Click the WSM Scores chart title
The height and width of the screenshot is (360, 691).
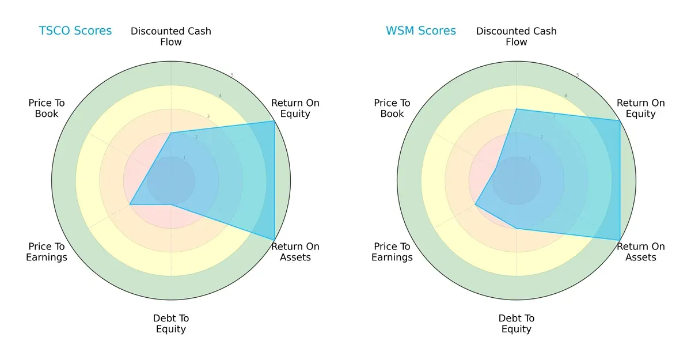[x=420, y=31]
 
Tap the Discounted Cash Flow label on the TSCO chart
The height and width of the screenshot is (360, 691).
[x=171, y=36]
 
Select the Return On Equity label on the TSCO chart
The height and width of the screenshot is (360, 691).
[x=295, y=108]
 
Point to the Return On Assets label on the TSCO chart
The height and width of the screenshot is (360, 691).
[x=295, y=252]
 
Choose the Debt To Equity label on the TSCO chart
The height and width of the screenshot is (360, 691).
[x=171, y=324]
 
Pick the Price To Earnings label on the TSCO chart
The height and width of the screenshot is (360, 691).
[x=47, y=252]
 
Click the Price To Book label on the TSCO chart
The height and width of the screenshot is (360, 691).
[x=47, y=108]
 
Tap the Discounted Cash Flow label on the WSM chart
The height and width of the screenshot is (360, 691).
[x=517, y=36]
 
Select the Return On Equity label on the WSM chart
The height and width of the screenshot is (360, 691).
[x=640, y=108]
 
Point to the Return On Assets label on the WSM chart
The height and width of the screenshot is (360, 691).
[x=640, y=252]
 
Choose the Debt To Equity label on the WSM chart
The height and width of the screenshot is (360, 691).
[x=517, y=324]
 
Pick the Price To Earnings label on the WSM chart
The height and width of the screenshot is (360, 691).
[x=392, y=252]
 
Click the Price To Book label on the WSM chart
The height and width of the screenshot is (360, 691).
[x=392, y=108]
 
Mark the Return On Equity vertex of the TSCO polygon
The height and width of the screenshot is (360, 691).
[x=274, y=121]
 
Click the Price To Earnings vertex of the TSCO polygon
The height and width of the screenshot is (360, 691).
[x=130, y=204]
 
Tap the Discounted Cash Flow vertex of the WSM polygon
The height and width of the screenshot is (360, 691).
[x=517, y=109]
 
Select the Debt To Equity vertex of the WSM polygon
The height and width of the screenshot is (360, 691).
[x=517, y=229]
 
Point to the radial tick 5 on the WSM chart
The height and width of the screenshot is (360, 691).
[x=578, y=75]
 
